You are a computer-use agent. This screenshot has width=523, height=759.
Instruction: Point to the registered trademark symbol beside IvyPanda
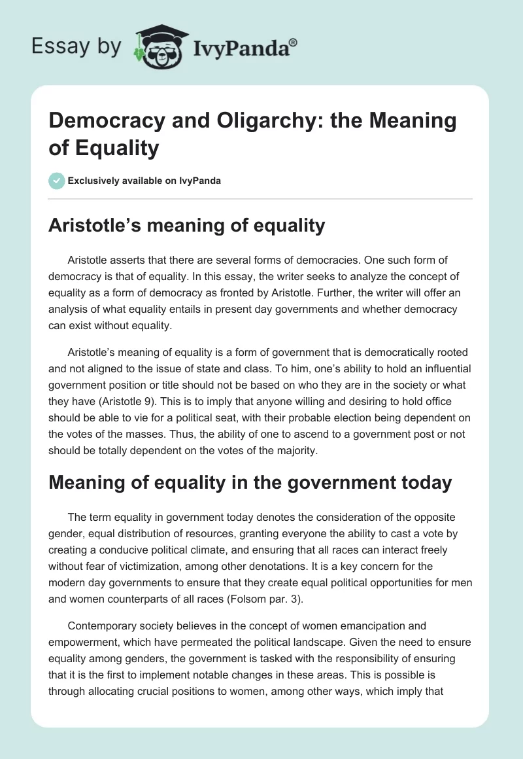(x=294, y=42)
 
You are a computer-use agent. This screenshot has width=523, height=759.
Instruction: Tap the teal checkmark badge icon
(x=58, y=181)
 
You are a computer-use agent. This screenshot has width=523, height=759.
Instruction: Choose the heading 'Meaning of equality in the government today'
(x=251, y=483)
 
